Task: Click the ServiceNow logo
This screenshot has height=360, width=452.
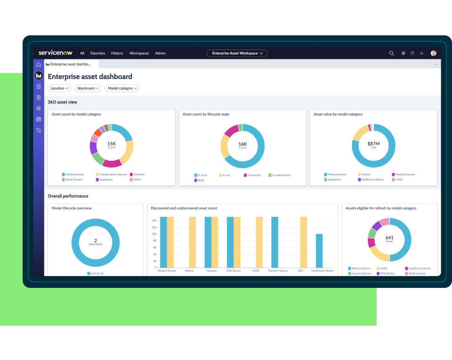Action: point(55,53)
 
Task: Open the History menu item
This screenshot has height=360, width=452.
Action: point(117,53)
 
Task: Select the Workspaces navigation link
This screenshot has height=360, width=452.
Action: point(139,53)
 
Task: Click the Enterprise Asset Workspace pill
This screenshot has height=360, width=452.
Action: point(237,53)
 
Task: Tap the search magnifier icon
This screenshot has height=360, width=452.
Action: point(391,53)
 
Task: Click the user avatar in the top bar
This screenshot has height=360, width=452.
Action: point(433,53)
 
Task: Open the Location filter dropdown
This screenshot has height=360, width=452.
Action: point(59,88)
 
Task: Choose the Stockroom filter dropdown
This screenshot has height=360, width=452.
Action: point(88,88)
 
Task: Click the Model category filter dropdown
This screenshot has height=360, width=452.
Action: point(122,88)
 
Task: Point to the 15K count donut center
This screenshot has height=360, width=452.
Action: point(112,144)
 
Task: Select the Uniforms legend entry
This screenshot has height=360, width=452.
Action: point(138,174)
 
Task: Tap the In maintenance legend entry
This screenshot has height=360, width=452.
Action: point(281,175)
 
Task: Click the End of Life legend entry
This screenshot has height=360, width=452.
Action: point(97,273)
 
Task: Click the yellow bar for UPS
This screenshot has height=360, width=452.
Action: point(304,242)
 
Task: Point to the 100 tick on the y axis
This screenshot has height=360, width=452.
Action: point(154,234)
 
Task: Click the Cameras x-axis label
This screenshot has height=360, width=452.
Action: point(211,271)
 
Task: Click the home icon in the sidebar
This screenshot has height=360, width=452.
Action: point(39,65)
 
